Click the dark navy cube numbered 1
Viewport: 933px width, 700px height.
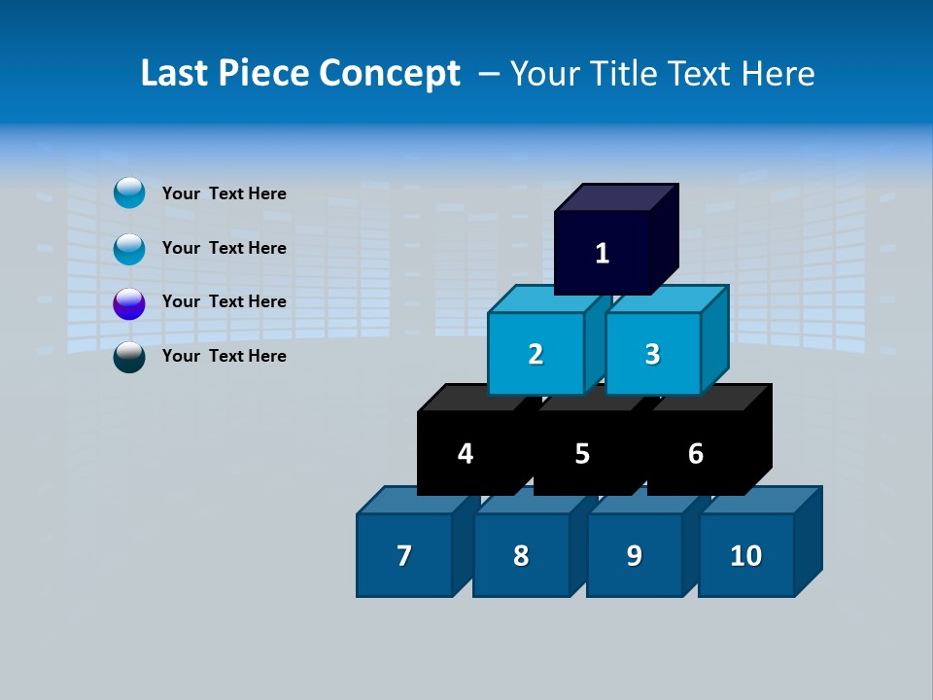(603, 253)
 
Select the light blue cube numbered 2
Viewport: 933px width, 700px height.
(536, 354)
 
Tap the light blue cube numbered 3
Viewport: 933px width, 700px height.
(652, 354)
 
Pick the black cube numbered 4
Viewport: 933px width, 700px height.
(466, 453)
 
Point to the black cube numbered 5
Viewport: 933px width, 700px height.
(581, 453)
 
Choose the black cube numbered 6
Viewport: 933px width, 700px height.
(695, 453)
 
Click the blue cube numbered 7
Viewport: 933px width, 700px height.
(404, 555)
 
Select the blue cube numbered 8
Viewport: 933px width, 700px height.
(521, 555)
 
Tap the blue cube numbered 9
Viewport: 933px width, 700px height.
(634, 555)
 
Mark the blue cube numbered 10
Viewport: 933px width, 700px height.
(745, 555)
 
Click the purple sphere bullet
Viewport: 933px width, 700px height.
(129, 303)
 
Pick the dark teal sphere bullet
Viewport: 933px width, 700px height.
(129, 357)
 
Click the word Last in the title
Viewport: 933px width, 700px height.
(175, 74)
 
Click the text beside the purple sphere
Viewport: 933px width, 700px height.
(224, 301)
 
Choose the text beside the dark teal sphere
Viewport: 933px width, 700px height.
(224, 356)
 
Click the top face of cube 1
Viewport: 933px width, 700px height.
(616, 197)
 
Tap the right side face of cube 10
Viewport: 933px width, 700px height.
(808, 541)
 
